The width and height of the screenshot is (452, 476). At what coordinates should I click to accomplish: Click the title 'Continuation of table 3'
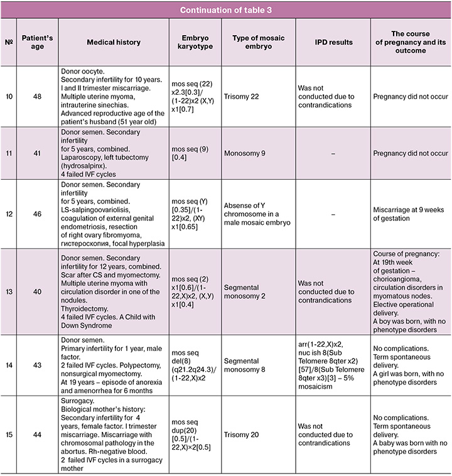pyautogui.click(x=226, y=10)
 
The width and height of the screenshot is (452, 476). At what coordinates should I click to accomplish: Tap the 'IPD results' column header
pyautogui.click(x=333, y=43)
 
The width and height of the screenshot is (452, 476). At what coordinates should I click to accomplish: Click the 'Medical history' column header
pyautogui.click(x=110, y=43)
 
